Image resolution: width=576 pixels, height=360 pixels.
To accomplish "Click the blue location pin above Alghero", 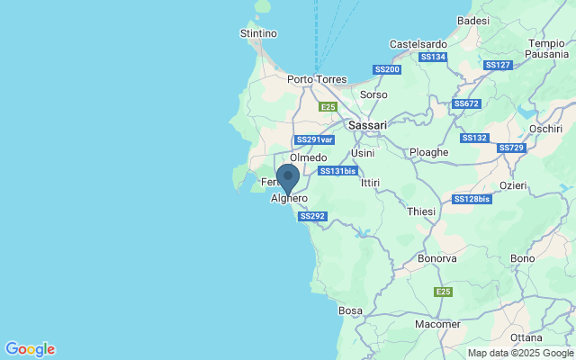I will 288,178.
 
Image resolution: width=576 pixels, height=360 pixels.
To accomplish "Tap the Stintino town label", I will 258,33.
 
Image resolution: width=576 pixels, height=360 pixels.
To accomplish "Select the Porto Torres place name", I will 317,79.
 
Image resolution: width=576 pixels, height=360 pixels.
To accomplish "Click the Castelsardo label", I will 418,43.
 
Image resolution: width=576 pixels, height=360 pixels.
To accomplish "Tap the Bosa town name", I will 350,310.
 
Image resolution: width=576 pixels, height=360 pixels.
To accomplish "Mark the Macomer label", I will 437,324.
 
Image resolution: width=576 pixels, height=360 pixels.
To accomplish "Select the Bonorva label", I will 437,258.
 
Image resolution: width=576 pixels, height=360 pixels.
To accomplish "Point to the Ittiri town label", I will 370,183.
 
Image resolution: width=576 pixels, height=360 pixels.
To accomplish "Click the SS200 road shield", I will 387,69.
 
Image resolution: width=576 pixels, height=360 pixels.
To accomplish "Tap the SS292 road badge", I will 312,216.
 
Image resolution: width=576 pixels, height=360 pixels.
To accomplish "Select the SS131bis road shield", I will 337,170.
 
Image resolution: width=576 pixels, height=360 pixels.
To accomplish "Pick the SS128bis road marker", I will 472,199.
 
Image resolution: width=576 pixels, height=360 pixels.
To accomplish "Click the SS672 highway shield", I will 467,103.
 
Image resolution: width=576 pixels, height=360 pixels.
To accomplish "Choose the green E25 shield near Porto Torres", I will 328,107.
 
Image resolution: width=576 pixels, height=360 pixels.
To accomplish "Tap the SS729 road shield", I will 510,148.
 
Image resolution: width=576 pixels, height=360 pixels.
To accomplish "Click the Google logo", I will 30,349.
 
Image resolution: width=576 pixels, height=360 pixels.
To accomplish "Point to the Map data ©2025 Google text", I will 520,353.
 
